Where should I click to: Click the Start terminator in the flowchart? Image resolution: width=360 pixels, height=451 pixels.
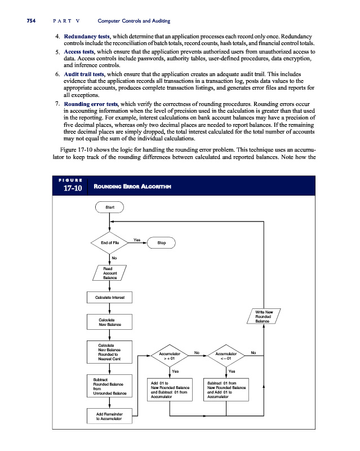coord(110,207)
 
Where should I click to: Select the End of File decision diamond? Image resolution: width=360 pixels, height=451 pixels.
coord(110,243)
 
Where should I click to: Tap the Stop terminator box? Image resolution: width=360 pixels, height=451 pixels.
coord(161,243)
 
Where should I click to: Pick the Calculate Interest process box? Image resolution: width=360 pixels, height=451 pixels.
coord(110,297)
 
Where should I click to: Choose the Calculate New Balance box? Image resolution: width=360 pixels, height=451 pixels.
coord(110,322)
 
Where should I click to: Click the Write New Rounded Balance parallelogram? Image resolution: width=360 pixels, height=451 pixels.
coord(264,317)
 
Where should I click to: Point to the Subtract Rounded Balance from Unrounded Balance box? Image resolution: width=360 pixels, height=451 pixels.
coord(110,386)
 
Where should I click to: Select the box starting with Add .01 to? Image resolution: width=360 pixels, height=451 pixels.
coord(170,390)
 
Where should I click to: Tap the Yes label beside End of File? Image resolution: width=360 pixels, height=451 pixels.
coord(137,240)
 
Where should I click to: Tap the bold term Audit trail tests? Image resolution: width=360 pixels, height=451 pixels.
coord(84,74)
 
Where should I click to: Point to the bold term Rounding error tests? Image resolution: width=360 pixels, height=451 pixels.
coord(91,104)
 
